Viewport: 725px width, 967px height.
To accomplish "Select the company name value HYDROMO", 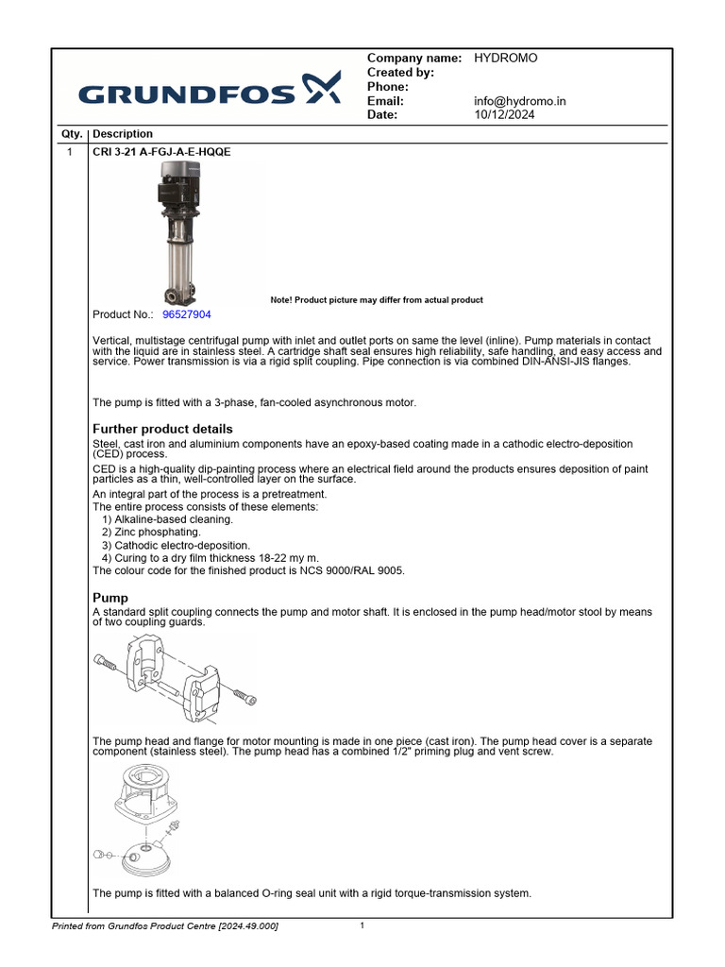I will click(505, 59).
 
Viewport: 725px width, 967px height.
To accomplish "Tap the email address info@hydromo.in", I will click(519, 101).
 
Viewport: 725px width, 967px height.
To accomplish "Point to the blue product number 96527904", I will click(187, 314).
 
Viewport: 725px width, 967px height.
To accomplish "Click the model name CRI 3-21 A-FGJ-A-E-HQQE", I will click(161, 152).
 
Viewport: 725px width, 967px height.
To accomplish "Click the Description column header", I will click(123, 134).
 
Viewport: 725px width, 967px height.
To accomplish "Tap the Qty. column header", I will click(72, 134).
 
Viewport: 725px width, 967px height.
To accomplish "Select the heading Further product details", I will click(161, 429).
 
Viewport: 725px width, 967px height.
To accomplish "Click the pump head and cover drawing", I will click(142, 821).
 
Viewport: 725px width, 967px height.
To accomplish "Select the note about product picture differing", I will click(376, 300).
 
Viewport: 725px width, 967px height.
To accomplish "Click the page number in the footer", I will click(362, 926).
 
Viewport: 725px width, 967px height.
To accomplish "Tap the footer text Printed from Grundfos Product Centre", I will click(165, 926).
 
